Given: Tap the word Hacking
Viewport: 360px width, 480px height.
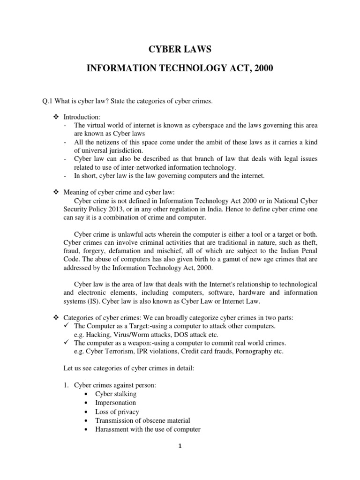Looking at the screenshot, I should tap(98, 334).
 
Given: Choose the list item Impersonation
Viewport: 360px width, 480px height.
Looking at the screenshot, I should tap(115, 403).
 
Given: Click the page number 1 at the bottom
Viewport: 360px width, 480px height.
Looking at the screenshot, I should tap(180, 446).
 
